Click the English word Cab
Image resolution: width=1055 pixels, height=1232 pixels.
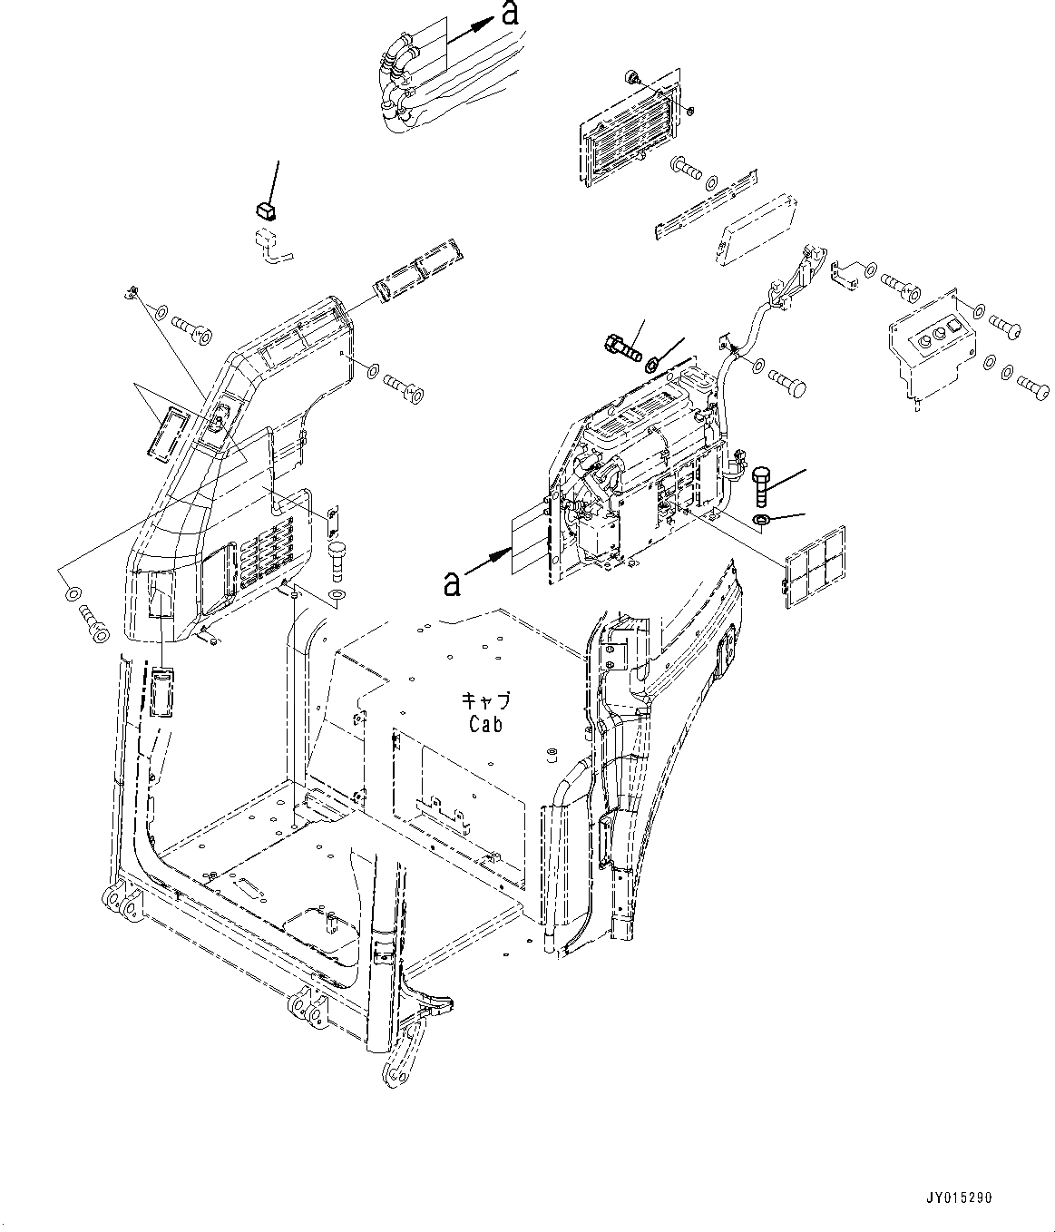point(486,724)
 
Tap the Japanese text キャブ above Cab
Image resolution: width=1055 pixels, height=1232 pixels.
point(486,700)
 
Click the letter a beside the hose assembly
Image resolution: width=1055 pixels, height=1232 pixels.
point(511,14)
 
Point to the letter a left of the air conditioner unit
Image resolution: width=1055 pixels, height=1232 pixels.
point(451,584)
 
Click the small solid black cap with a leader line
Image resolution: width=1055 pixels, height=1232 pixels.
point(265,211)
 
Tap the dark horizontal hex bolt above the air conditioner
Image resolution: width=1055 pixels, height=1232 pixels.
point(621,346)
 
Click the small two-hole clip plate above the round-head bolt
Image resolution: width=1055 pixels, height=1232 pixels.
point(332,518)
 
